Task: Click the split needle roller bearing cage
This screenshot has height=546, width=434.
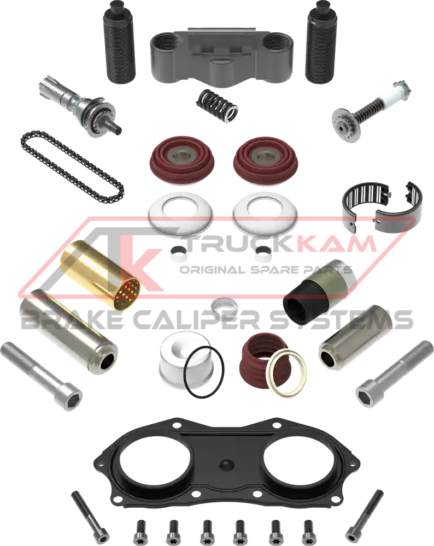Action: coord(382,206)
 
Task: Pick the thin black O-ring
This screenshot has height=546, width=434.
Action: coord(204,372)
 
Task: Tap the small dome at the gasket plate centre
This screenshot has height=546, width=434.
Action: coord(226,465)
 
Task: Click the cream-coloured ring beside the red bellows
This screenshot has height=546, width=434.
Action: coord(286,372)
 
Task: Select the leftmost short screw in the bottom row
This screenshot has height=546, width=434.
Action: coord(141,530)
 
